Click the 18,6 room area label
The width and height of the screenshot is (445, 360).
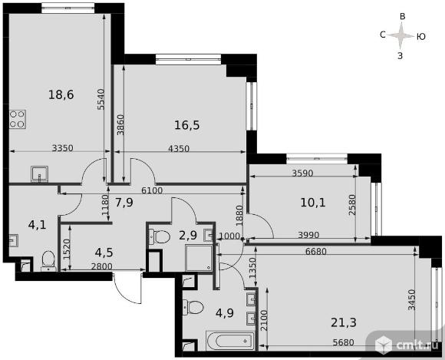61,94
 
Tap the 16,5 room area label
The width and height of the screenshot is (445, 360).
186,125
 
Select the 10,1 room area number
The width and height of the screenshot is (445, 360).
313,203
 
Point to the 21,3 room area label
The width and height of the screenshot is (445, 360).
344,322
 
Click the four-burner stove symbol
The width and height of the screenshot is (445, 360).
18,119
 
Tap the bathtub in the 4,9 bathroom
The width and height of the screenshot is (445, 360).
230,340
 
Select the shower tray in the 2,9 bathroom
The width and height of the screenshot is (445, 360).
199,258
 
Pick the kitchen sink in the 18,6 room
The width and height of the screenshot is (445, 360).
39,174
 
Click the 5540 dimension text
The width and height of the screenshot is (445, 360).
101,99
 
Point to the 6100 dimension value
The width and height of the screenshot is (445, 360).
152,190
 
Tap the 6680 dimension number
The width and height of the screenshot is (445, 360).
316,251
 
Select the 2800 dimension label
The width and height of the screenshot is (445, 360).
101,266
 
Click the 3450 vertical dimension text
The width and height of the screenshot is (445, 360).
411,300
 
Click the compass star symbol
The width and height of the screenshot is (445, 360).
400,36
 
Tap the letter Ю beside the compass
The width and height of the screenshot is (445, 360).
421,37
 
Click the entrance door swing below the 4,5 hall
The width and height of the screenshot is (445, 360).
127,288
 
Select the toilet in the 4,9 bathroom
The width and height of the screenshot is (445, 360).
193,308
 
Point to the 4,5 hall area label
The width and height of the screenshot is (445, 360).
104,253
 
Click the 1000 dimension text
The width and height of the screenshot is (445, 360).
230,236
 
